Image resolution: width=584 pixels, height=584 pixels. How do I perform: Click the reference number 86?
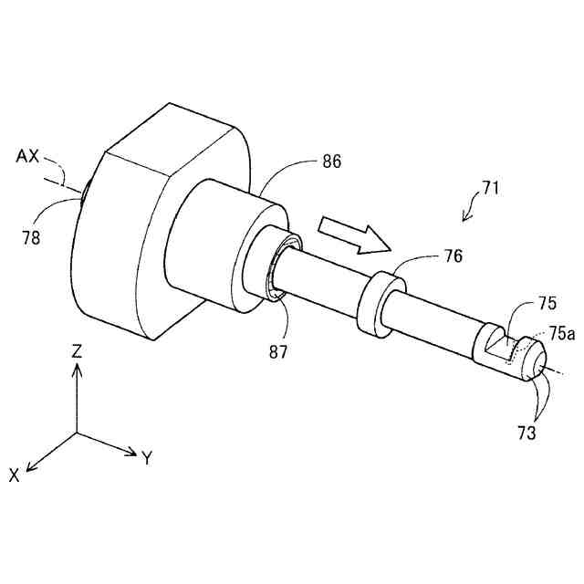pos(331,162)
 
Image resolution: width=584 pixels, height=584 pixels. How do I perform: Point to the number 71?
pos(491,190)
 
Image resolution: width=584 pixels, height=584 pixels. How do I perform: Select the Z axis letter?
pos(78,349)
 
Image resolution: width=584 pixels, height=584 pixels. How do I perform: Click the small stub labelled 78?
pos(84,193)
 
